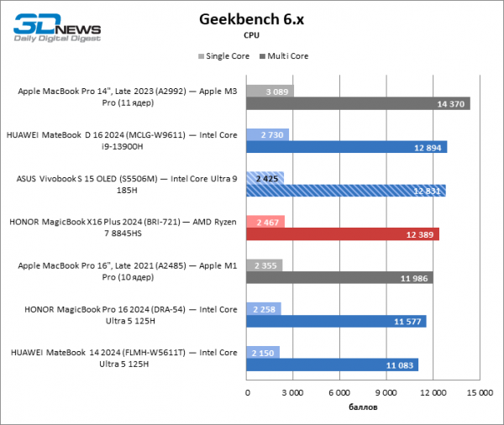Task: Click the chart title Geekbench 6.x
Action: (251, 18)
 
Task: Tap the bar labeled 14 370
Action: (358, 103)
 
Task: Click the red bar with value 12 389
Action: (343, 234)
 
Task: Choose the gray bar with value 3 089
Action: (270, 90)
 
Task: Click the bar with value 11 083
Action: (333, 365)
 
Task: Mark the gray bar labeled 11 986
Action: (339, 278)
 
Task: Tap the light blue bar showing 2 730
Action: (268, 134)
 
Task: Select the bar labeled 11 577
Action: (336, 322)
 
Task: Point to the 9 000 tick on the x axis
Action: (386, 393)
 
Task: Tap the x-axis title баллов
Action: (363, 407)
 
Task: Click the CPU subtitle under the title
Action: (251, 35)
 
